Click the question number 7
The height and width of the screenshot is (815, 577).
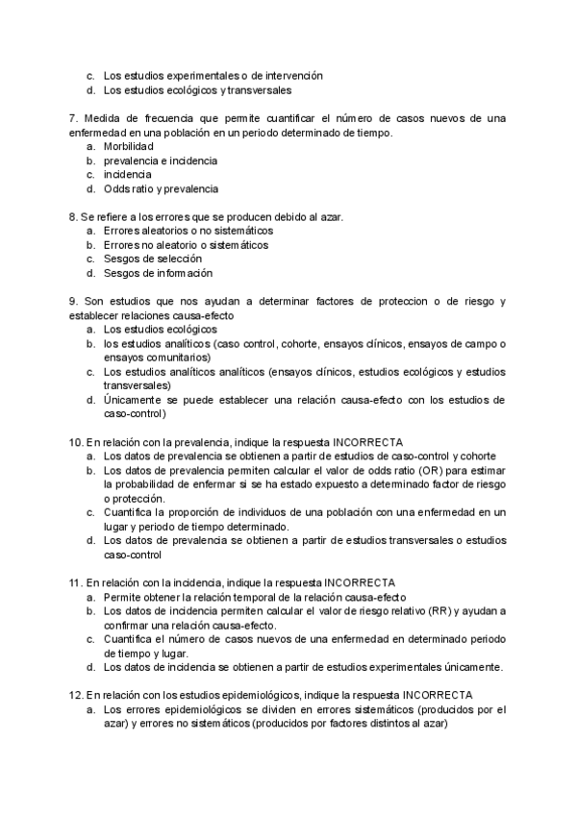click(x=73, y=117)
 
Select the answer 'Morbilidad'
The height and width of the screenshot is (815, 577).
click(x=129, y=146)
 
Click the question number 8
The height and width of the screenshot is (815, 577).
click(x=73, y=216)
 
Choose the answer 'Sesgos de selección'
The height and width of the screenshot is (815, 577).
click(x=152, y=259)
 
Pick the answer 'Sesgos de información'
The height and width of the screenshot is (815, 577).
click(x=158, y=273)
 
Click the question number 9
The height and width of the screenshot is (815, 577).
click(x=73, y=301)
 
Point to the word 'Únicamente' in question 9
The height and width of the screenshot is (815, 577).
click(x=133, y=400)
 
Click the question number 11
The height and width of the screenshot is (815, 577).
click(x=76, y=582)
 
